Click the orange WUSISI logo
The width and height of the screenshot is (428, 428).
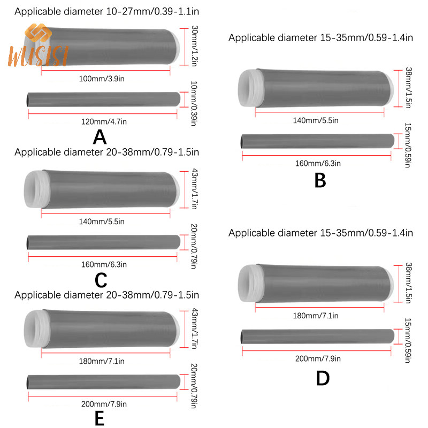tap(38, 45)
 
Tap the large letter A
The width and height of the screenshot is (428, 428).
tap(100, 137)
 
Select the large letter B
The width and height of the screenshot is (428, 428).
tap(320, 180)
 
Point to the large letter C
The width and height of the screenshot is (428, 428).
tap(101, 280)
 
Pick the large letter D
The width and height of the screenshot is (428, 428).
tap(323, 378)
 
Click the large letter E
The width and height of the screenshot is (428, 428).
tap(100, 418)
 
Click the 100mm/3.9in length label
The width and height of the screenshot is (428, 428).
tap(102, 79)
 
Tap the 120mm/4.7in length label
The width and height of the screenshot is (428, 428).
tap(104, 122)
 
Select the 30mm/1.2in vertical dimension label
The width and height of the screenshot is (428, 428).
tap(194, 46)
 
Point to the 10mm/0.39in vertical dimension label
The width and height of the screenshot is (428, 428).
tap(194, 103)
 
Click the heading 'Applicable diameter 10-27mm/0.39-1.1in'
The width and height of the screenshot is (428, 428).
tap(106, 11)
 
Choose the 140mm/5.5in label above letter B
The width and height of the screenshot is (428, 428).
tap(316, 120)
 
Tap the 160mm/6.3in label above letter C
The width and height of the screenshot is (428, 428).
tap(104, 264)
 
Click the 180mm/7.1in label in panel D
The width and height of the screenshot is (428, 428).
tap(316, 316)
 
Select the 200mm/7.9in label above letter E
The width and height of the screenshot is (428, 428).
tap(104, 404)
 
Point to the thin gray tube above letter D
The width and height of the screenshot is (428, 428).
tap(317, 337)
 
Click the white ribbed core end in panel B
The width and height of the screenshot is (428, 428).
tap(250, 88)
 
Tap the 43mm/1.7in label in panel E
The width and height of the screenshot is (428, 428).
tap(194, 328)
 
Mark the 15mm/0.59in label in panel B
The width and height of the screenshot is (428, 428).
tap(408, 145)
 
